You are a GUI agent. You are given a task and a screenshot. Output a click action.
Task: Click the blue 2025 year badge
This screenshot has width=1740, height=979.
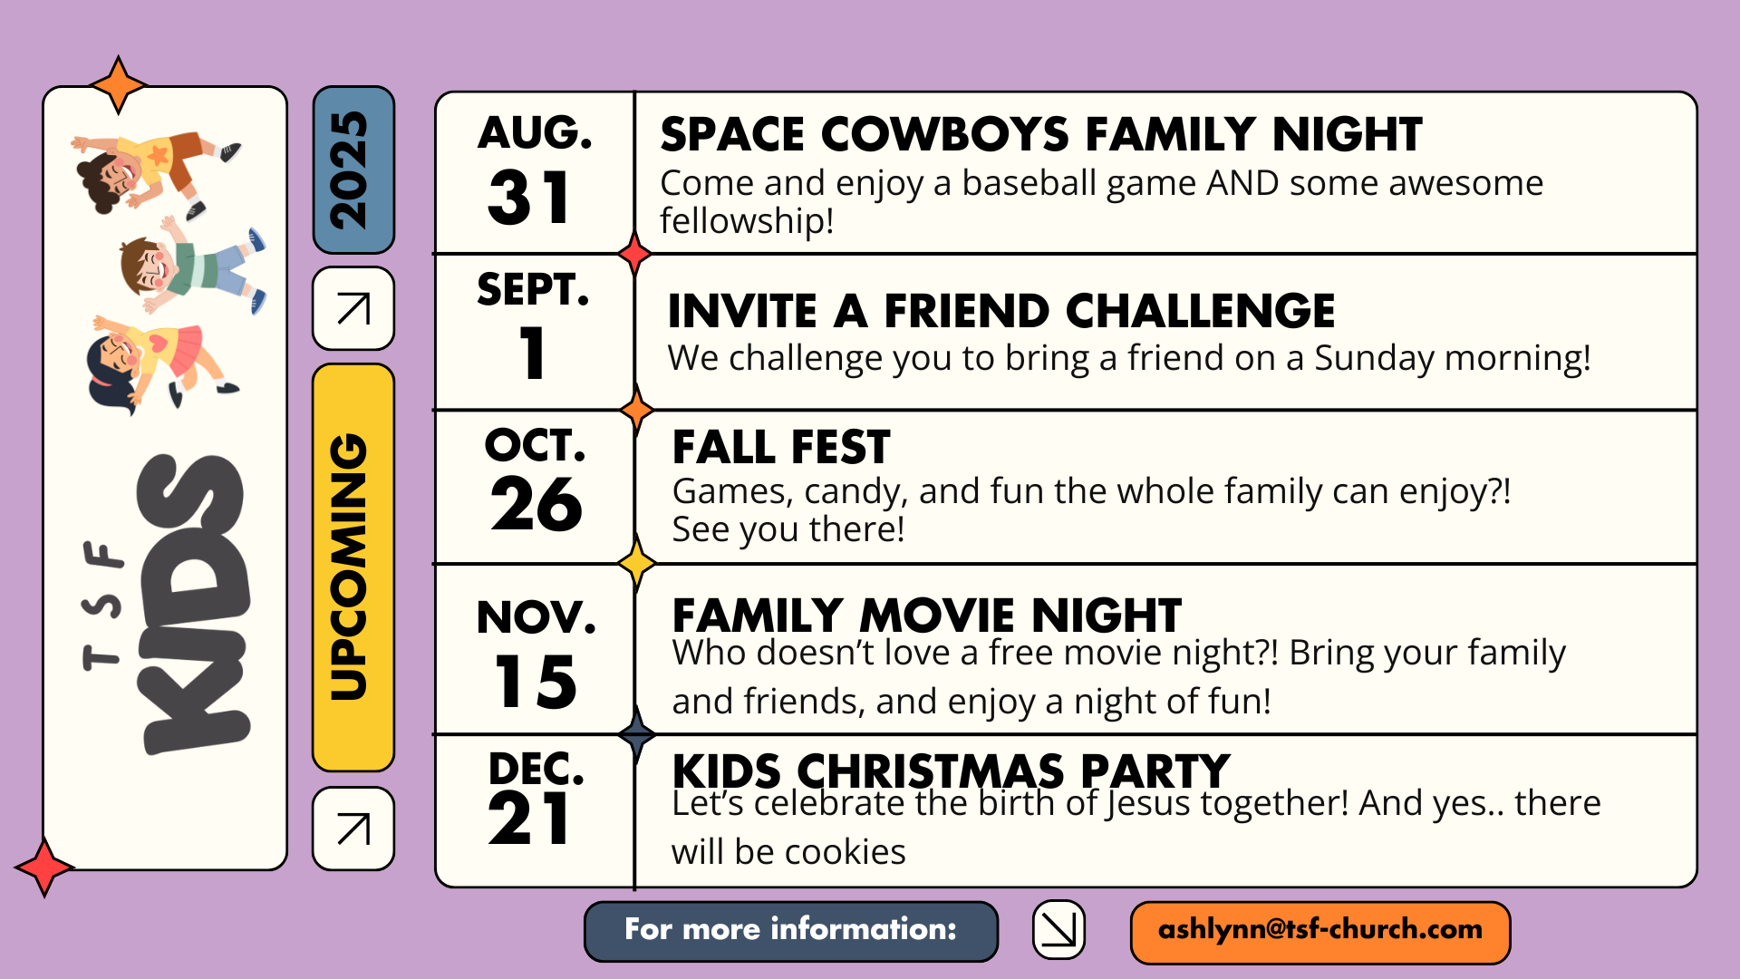[353, 170]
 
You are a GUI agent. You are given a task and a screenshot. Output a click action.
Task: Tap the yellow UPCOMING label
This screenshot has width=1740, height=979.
[353, 567]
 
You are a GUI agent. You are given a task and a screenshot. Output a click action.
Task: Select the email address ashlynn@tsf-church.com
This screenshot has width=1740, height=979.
[1320, 931]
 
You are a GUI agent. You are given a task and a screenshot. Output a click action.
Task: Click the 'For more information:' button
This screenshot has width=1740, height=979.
[791, 931]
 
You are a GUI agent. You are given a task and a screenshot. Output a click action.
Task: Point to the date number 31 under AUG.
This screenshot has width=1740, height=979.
[529, 199]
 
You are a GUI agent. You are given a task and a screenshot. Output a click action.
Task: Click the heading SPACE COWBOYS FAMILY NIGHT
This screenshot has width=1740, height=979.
[1041, 135]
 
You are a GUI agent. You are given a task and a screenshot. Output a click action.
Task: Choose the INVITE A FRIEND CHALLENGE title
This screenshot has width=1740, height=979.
[1001, 312]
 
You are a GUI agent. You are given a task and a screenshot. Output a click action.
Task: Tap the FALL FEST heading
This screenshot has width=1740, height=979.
[781, 448]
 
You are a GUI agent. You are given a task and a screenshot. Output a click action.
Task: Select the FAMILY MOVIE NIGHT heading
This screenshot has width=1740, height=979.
[927, 616]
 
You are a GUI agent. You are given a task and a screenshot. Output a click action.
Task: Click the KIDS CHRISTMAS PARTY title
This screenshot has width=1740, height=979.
[951, 771]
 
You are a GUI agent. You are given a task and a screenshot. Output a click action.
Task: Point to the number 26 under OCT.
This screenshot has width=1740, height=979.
[536, 504]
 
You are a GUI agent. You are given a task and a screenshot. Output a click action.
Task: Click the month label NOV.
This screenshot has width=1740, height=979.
[536, 617]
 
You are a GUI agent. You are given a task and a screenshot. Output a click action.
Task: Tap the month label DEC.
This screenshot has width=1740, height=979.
[536, 769]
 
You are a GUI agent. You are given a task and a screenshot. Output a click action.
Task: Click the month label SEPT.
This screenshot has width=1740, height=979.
[533, 289]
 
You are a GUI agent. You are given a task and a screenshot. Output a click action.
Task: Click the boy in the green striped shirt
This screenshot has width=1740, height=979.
[192, 267]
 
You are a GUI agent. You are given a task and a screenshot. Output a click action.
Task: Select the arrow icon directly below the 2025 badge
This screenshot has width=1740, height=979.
[353, 308]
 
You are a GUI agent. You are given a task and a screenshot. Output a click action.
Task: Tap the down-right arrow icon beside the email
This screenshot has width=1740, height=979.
[1058, 929]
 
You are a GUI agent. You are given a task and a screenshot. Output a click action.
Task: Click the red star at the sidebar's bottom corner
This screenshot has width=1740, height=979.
[43, 868]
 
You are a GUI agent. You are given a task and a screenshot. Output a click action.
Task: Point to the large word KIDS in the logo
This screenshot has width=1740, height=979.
[192, 604]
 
